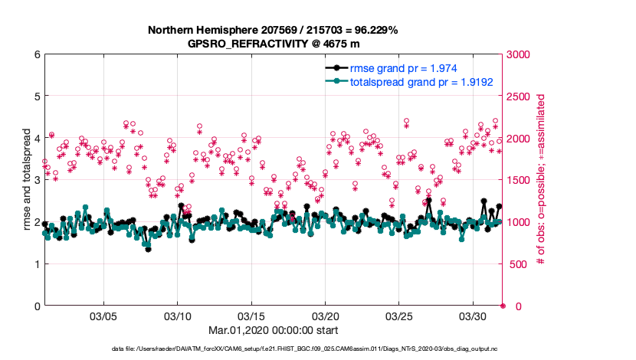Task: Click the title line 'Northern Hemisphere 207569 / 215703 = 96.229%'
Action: tap(273, 30)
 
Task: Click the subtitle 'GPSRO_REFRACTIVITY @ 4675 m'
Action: tap(273, 44)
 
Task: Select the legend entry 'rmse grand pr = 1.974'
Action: tap(404, 69)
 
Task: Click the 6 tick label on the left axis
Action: tap(37, 54)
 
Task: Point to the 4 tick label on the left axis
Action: tap(37, 139)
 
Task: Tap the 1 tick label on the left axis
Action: tap(37, 264)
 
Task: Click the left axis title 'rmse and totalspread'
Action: tap(26, 181)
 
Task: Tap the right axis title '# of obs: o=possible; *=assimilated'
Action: tap(541, 181)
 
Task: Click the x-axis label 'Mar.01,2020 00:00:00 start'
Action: tap(273, 330)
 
